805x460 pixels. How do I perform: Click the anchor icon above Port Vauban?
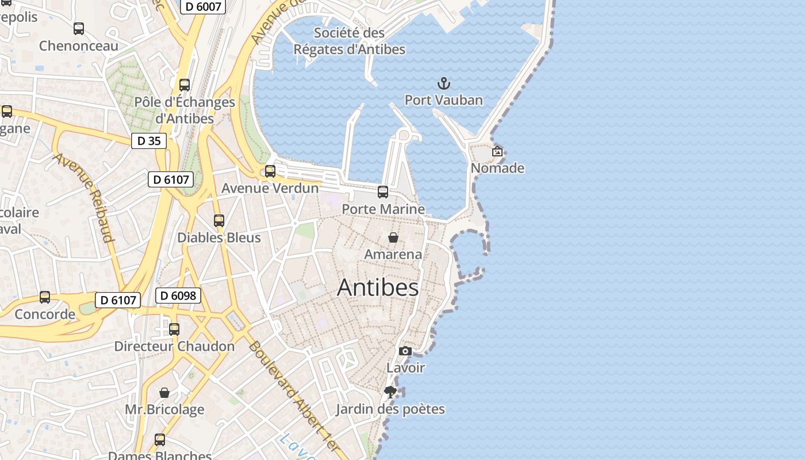443,84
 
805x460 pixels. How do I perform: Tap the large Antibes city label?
378,287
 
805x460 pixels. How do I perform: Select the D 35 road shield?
149,141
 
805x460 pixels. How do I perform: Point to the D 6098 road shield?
178,296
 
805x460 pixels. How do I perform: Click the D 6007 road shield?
203,6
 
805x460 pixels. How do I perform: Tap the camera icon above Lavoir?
405,351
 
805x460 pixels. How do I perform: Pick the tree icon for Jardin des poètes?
390,392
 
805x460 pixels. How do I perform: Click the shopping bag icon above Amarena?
393,237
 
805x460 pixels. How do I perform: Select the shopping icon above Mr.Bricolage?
164,393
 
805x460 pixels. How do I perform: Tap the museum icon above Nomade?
497,152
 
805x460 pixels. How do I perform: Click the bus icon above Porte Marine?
383,192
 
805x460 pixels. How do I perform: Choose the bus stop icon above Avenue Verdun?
270,171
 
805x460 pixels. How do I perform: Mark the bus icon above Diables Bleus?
219,221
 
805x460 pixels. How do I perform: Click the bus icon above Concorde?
45,297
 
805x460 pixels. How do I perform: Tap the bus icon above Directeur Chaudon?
174,329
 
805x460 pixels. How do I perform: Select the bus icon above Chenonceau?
79,29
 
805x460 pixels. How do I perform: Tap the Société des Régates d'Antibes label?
350,41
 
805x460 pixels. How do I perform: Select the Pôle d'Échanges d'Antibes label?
185,110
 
